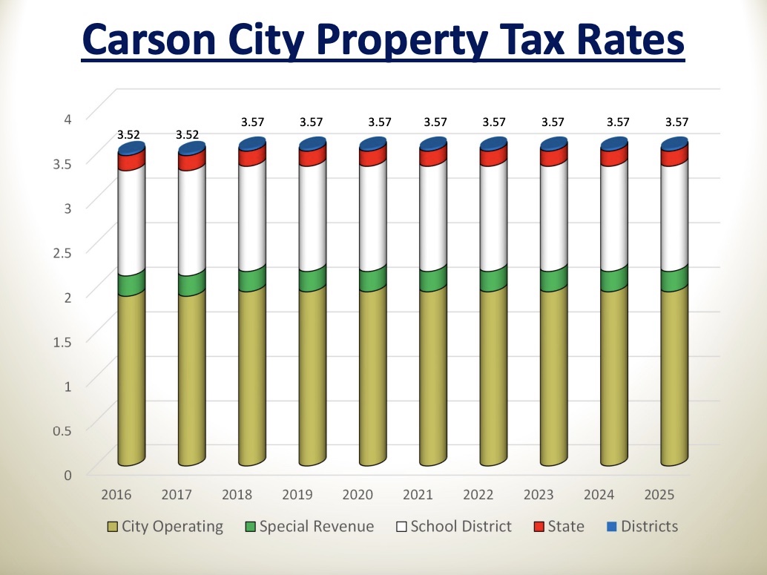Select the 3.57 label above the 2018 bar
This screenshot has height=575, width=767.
coord(252,122)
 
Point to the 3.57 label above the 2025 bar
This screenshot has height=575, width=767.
coord(675,122)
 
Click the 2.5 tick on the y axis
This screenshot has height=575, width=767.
coord(70,252)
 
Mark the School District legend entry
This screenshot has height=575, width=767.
coord(453,527)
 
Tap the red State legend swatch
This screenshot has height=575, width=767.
coord(540,528)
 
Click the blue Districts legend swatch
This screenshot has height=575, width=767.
coord(613,528)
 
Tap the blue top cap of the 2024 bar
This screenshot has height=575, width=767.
coord(614,144)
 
